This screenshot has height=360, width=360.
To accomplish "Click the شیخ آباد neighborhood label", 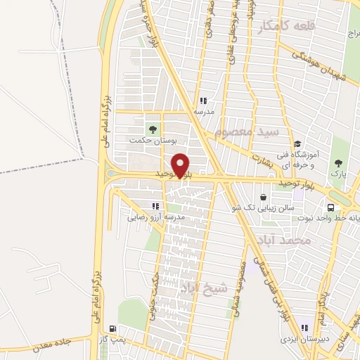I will pos(210,288).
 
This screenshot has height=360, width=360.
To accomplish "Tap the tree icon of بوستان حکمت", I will pos(150,129).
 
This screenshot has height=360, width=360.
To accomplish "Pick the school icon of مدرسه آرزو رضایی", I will pos(155,206).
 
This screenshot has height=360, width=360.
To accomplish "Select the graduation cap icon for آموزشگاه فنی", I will pos(298,144).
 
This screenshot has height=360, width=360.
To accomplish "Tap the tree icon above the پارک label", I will pos(337,160).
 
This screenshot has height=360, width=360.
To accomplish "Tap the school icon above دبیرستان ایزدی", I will pos(305,326).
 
